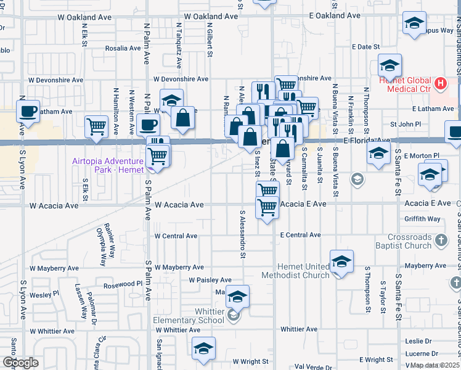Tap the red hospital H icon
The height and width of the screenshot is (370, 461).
pyautogui.click(x=440, y=83)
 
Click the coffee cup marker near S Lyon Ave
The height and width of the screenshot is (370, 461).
pyautogui.click(x=28, y=112)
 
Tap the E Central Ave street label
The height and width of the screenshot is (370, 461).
pyautogui.click(x=300, y=235)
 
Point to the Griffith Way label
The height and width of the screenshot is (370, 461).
pyautogui.click(x=422, y=219)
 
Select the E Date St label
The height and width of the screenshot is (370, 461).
pyautogui.click(x=366, y=47)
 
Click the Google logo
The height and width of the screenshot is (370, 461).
pyautogui.click(x=20, y=363)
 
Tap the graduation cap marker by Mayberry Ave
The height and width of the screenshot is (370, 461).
pyautogui.click(x=341, y=261)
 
